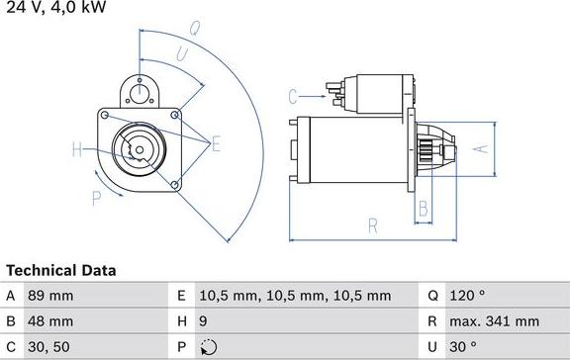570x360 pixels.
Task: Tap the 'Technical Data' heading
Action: coord(60,270)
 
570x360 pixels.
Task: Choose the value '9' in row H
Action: coord(204,321)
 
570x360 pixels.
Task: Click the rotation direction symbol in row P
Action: coord(206,347)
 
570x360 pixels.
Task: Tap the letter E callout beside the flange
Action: coord(216,145)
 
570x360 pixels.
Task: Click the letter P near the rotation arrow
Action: coord(97,199)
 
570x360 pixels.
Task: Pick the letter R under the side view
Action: coord(373,225)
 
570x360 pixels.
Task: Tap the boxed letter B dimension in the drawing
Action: coord(423,208)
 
